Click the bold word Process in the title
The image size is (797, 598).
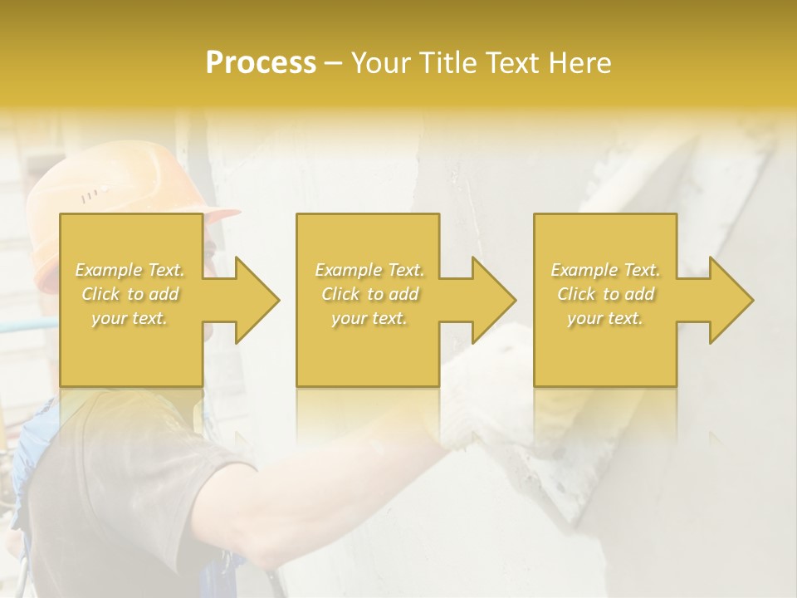(x=261, y=63)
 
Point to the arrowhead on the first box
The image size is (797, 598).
(x=252, y=300)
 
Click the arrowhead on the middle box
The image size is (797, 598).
(x=490, y=300)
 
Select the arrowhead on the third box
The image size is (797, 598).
(x=727, y=300)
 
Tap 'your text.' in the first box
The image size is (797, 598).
(x=130, y=317)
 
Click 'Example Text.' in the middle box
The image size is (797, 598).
(x=369, y=270)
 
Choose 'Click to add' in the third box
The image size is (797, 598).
(x=605, y=294)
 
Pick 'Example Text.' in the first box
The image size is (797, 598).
(x=130, y=270)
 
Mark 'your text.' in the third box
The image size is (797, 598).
(x=605, y=317)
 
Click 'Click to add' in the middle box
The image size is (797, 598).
(x=369, y=294)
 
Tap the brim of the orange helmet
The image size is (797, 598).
(x=222, y=215)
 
